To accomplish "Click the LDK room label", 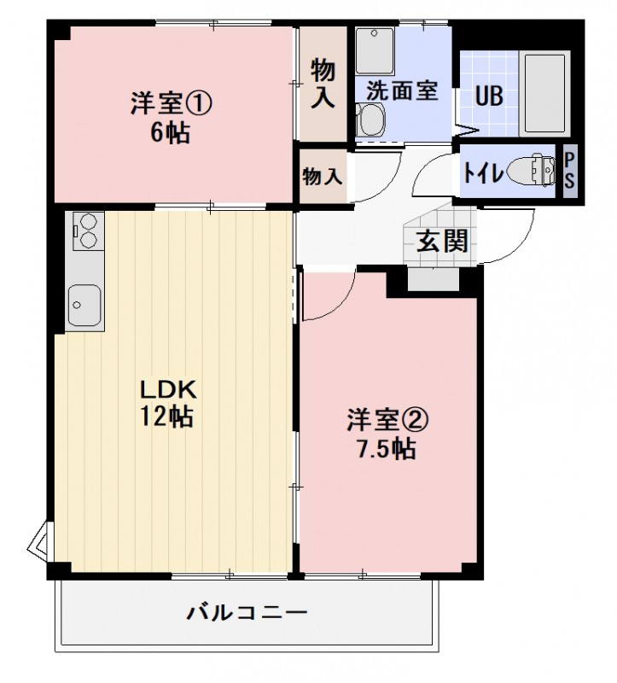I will (169, 391).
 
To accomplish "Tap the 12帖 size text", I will (168, 417).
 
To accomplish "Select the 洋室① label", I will (171, 105).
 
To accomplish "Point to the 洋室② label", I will (387, 420).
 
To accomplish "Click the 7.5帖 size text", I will (386, 448).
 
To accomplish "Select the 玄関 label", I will (443, 242).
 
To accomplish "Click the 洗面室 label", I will (403, 90).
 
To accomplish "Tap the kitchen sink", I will (84, 304).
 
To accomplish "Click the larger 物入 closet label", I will (323, 84).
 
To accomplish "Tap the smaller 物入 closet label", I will (323, 177).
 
